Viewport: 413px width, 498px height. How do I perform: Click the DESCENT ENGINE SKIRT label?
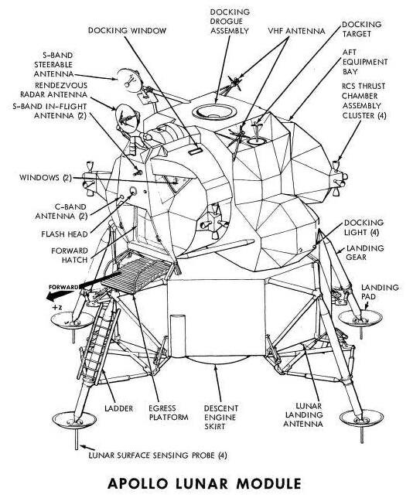click(x=226, y=417)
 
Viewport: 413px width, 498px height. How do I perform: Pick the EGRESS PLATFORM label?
click(x=169, y=412)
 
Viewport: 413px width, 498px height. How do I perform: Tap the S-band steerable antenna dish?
click(x=124, y=76)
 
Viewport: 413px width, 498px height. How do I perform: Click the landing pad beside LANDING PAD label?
click(x=360, y=316)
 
